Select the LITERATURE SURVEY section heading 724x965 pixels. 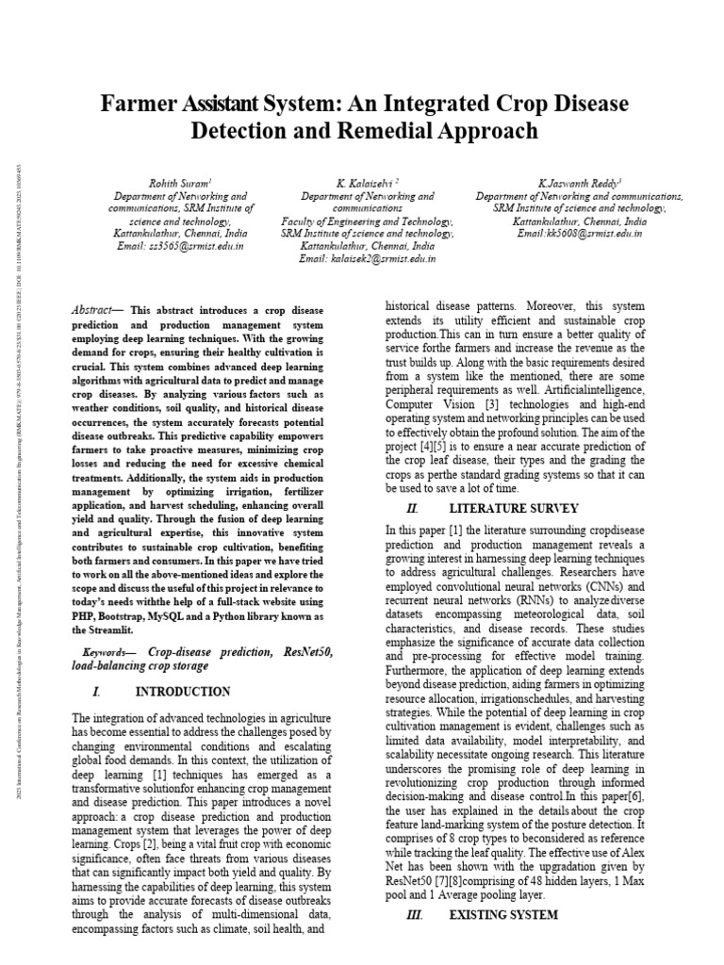pos(514,508)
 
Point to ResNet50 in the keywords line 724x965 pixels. pos(305,652)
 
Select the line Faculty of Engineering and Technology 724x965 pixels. pos(368,221)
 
